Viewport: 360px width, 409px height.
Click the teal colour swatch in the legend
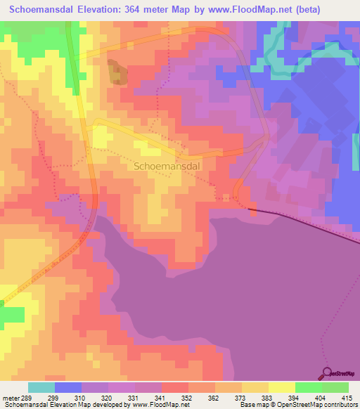click(x=41, y=387)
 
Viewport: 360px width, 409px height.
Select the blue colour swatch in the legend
click(x=68, y=387)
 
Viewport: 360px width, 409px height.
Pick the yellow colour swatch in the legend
click(x=281, y=387)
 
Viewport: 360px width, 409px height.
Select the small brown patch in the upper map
click(x=117, y=73)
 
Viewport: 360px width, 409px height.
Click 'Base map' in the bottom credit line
click(x=253, y=405)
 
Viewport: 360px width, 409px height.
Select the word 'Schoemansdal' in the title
click(x=45, y=10)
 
